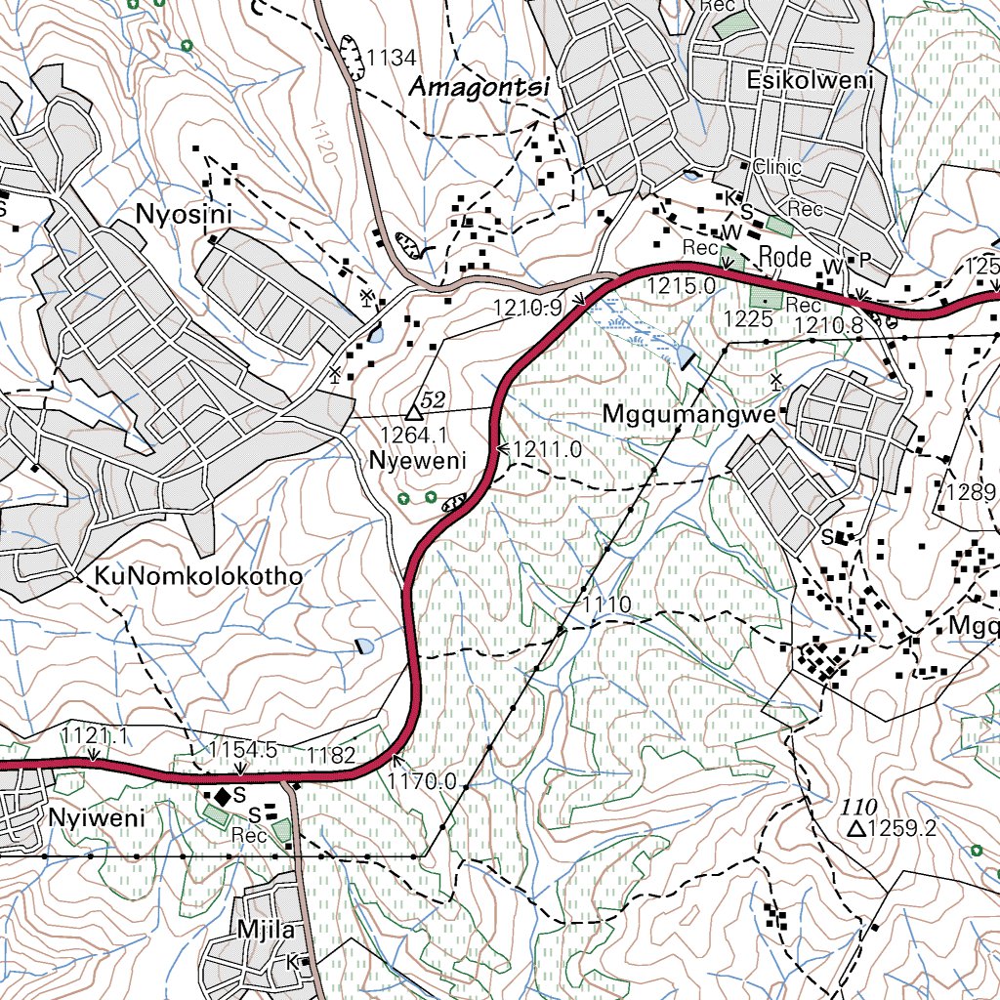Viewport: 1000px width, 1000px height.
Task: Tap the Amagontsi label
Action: [x=479, y=87]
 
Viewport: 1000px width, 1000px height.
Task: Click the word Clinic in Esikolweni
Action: [x=777, y=167]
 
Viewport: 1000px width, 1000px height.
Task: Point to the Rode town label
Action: [x=785, y=257]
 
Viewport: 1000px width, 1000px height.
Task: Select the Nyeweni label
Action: [x=418, y=460]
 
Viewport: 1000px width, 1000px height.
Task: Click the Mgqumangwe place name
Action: [x=688, y=415]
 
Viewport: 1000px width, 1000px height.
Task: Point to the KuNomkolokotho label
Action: [x=199, y=576]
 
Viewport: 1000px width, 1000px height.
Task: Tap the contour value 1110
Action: [x=607, y=604]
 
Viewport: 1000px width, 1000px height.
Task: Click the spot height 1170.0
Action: [x=422, y=781]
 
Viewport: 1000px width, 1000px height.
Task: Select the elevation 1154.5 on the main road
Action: [x=243, y=749]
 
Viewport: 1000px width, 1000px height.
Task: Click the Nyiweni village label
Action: [x=97, y=818]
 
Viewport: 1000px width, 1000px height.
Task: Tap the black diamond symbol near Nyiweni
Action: [x=223, y=798]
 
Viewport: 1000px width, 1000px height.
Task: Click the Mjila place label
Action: [x=266, y=929]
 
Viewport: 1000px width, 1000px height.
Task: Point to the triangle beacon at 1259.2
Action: [x=856, y=829]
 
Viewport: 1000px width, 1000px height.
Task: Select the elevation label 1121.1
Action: [x=95, y=734]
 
